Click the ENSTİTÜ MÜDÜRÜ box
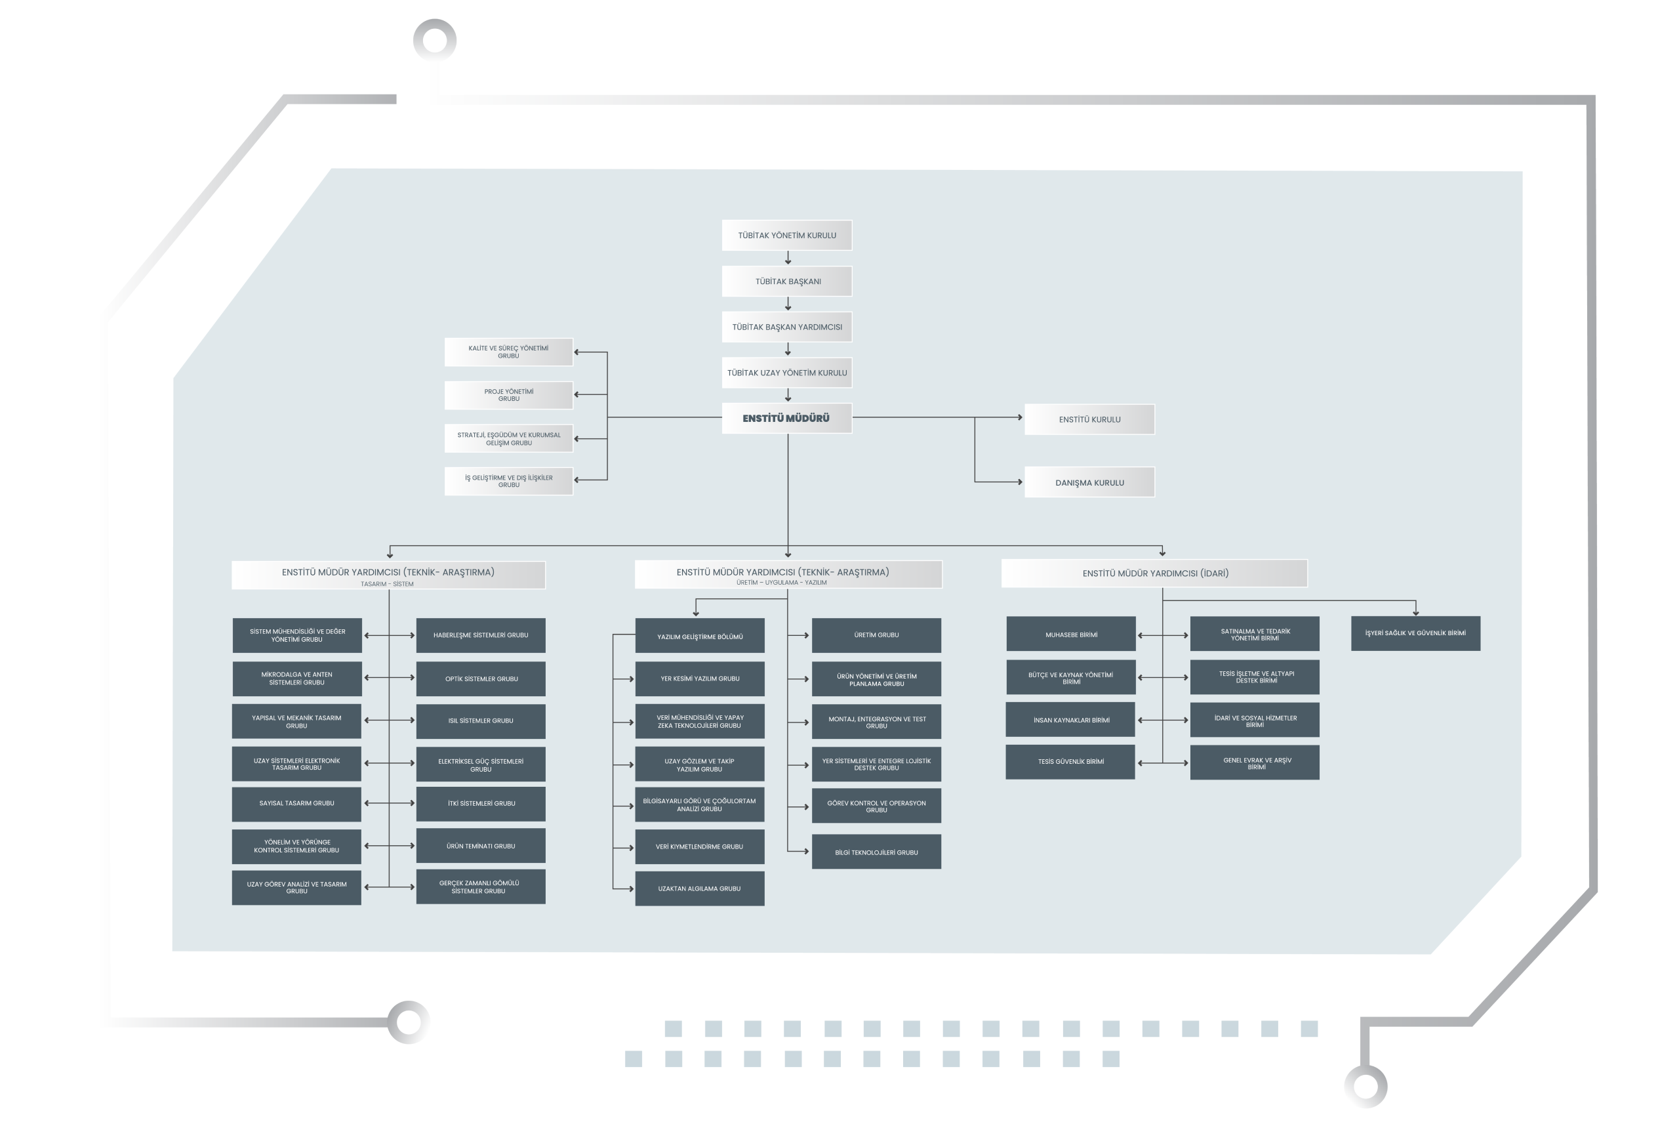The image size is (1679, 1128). pyautogui.click(x=786, y=418)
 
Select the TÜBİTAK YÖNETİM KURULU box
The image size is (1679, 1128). pyautogui.click(x=786, y=235)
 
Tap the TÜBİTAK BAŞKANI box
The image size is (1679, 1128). pyautogui.click(x=786, y=282)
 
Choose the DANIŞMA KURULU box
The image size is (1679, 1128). pyautogui.click(x=1089, y=482)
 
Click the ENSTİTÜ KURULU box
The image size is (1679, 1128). pyautogui.click(x=1089, y=419)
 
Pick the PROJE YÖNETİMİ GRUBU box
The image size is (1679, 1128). pyautogui.click(x=508, y=395)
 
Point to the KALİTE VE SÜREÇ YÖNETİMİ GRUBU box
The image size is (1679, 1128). pyautogui.click(x=508, y=352)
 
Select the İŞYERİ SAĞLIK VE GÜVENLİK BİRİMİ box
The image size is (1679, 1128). pyautogui.click(x=1415, y=633)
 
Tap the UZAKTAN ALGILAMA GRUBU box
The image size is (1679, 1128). pyautogui.click(x=700, y=888)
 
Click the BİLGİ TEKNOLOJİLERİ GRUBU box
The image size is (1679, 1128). pyautogui.click(x=876, y=852)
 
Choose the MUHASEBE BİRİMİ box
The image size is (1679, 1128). pyautogui.click(x=1070, y=635)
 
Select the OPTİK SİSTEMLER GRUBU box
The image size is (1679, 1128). pyautogui.click(x=480, y=679)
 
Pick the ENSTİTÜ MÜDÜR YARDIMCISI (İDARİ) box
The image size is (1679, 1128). pyautogui.click(x=1154, y=574)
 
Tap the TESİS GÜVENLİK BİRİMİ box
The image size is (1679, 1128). pyautogui.click(x=1070, y=762)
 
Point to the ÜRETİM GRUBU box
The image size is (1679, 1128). pyautogui.click(x=876, y=635)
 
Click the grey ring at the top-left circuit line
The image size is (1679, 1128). pyautogui.click(x=435, y=39)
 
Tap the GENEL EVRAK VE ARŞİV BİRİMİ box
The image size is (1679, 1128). pyautogui.click(x=1255, y=762)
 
